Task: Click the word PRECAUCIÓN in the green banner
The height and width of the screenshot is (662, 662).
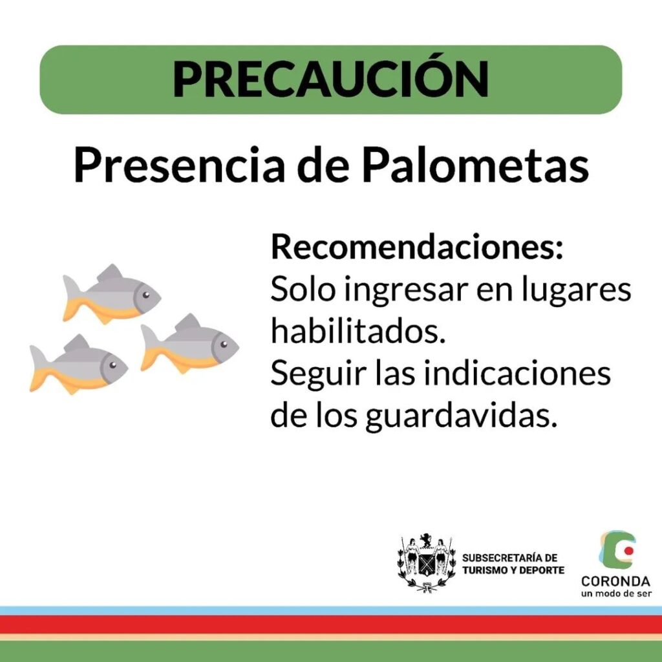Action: pos(330,79)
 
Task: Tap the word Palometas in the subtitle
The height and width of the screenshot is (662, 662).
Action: pos(475,165)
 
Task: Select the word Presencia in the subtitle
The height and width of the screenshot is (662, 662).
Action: pos(178,165)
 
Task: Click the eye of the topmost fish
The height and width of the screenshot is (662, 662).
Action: pos(145,295)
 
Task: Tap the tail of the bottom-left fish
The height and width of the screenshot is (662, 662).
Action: pos(40,368)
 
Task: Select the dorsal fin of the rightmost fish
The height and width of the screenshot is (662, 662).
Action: pos(188,323)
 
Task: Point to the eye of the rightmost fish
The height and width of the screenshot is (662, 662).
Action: pos(224,344)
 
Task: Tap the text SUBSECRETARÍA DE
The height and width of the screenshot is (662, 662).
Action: pos(509,558)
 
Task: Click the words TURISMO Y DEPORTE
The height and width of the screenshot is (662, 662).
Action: pos(513,570)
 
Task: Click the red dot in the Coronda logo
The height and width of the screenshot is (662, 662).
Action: pos(628,551)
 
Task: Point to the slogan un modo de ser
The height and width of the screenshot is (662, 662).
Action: pos(616,594)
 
